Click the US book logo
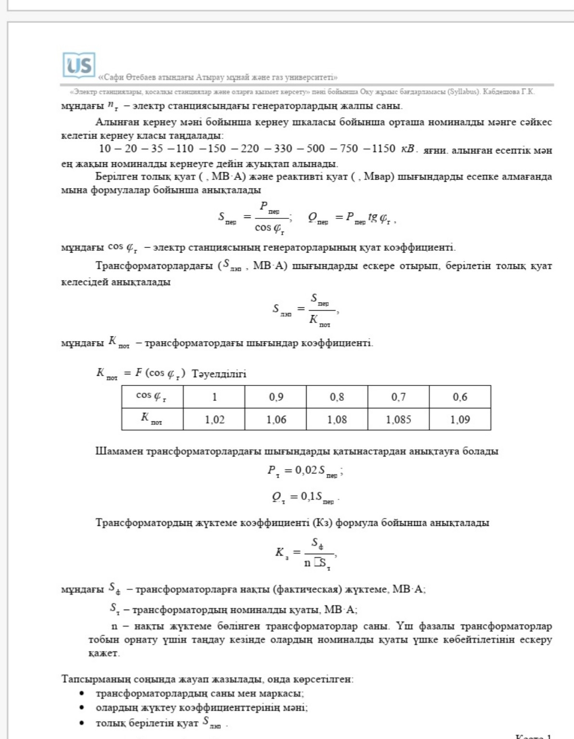point(79,65)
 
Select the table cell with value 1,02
point(214,419)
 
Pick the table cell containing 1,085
point(398,419)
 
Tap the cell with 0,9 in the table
point(275,397)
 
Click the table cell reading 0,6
point(460,397)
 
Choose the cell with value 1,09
point(460,419)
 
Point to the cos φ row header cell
point(152,396)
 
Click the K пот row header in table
point(152,419)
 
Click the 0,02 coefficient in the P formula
point(306,470)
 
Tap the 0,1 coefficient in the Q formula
point(308,496)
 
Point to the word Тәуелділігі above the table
point(219,374)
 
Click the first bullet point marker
point(82,693)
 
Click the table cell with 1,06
point(275,419)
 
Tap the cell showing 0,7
point(398,397)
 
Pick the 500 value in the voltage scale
point(315,149)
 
